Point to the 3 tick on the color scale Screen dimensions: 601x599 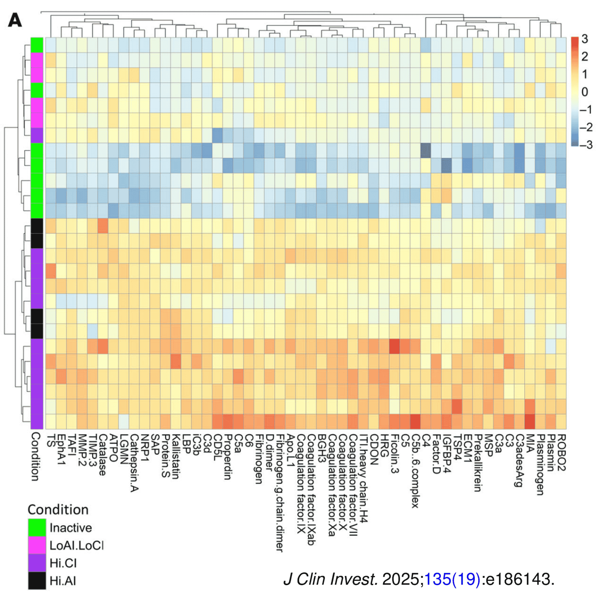[584, 39]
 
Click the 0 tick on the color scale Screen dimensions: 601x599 [584, 92]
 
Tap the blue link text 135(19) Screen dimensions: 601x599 [452, 579]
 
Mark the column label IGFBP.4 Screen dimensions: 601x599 [447, 454]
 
